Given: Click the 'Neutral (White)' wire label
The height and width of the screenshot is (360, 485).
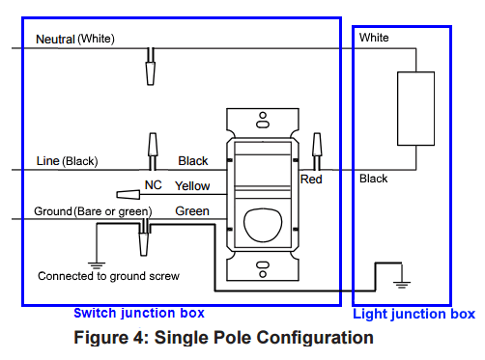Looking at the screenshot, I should pos(74,39).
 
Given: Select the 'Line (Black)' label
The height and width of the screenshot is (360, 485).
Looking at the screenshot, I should pos(67,161).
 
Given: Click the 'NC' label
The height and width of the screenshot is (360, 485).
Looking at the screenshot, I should pos(153,183).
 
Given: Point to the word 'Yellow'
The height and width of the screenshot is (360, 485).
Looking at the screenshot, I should pos(192,185).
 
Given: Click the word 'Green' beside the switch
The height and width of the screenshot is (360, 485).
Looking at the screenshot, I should pos(192,210).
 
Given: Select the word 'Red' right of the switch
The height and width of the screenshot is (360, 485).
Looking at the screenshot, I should pos(311,180).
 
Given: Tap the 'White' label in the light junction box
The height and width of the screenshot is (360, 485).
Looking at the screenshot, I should pos(374,38).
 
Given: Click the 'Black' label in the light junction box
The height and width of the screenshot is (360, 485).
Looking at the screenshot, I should pos(373,179).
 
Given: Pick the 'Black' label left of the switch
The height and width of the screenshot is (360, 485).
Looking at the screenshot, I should pos(193,161).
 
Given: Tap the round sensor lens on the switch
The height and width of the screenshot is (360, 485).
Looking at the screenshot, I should pos(261,224).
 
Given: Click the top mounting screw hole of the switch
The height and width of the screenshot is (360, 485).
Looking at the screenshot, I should pos(262,122).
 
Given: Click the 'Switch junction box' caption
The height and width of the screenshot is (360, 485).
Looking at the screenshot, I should pos(139,314).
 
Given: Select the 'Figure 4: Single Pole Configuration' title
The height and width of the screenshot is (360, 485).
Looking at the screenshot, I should pos(223,338).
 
